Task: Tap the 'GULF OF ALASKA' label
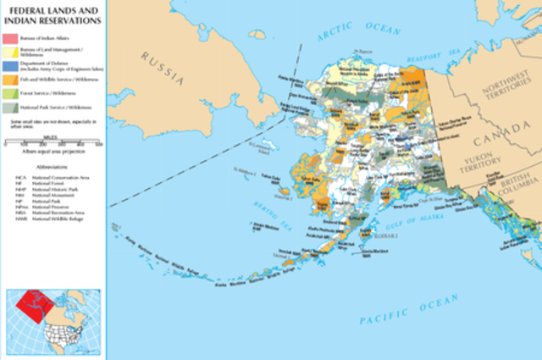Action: tap(402, 219)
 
